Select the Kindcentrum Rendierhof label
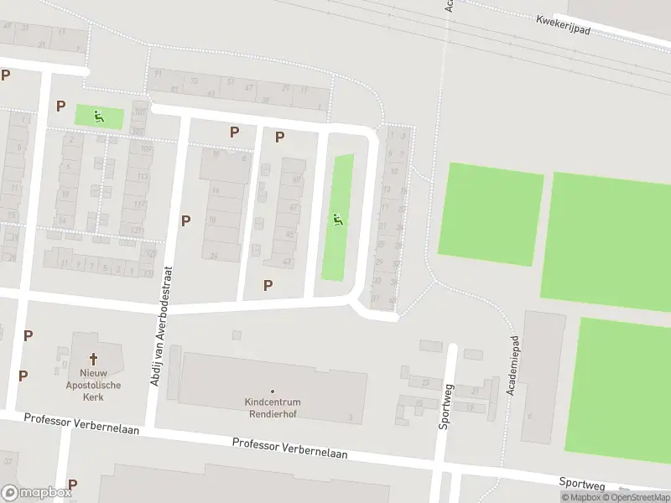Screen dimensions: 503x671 (273, 407)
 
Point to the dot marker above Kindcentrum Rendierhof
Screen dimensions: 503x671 (273, 392)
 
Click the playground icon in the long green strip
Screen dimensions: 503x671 (337, 220)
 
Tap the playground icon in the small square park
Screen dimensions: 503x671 (99, 117)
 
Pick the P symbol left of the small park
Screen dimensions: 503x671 (60, 106)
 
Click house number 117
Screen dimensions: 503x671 (140, 205)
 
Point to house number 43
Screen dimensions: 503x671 (288, 262)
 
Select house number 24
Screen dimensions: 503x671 (215, 256)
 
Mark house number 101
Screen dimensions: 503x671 (139, 111)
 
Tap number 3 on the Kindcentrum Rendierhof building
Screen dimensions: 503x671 (350, 417)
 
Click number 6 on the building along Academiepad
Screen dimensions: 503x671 (530, 415)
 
